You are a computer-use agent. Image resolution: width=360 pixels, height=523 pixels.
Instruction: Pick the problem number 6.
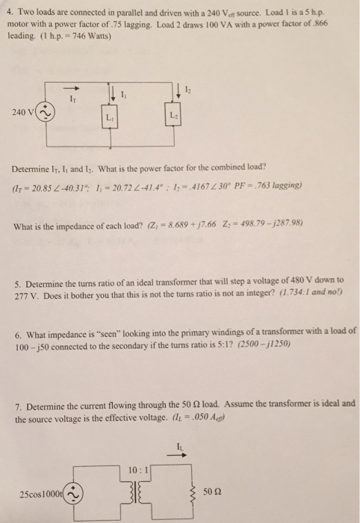[18, 330]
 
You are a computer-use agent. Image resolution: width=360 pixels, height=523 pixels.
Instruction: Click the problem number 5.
[18, 278]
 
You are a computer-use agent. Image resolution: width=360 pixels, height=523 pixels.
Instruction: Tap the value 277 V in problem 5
[25, 288]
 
